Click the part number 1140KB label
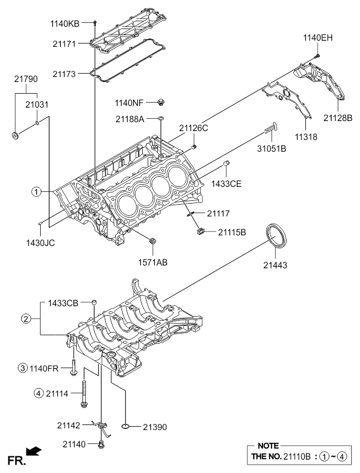coord(65,24)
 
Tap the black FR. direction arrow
coord(34,451)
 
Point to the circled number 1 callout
coord(36,191)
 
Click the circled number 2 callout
coord(26,318)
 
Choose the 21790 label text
coord(26,79)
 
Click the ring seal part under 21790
coord(15,136)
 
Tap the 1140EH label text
coord(318,38)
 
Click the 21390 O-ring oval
coord(126,426)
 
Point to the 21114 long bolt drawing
coord(84,394)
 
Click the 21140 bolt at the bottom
coord(101,444)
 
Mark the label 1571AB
coord(153,262)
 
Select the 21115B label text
coord(232,232)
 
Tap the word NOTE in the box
coord(268,446)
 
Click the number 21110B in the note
coord(296,457)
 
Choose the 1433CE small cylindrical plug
coord(227,163)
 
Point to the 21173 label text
coord(64,74)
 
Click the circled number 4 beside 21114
coord(38,393)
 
